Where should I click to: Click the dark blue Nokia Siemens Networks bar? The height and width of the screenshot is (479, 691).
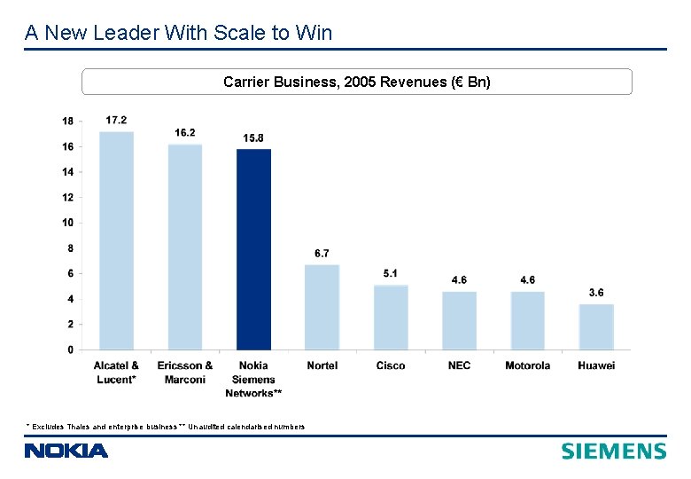(253, 249)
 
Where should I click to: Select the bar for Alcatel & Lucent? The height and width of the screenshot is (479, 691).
(116, 240)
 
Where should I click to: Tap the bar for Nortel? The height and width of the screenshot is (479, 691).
(322, 307)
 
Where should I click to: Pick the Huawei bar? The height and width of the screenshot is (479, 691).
(596, 326)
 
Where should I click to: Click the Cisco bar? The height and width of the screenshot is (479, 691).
(391, 317)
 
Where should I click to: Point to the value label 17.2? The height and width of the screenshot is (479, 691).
(116, 120)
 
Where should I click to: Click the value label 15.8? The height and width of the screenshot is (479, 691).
(253, 137)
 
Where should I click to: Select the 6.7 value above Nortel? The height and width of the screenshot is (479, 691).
(322, 254)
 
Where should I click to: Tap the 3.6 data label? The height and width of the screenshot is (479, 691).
(596, 293)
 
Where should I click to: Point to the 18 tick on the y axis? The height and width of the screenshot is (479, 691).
(68, 121)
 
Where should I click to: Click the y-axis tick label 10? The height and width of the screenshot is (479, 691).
(68, 223)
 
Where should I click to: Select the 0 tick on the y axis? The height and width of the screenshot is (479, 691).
(71, 350)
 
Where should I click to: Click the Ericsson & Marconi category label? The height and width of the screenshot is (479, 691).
(184, 373)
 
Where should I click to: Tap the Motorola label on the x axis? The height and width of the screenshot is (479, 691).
(527, 365)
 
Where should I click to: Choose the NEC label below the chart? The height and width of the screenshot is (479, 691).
(459, 365)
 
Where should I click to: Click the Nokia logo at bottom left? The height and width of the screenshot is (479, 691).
(66, 451)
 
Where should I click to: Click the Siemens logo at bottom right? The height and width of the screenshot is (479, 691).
(613, 451)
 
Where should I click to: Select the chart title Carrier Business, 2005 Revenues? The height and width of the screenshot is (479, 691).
(356, 82)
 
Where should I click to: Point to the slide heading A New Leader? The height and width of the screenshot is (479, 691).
(179, 33)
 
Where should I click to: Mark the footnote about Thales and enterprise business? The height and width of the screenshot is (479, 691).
(165, 427)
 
